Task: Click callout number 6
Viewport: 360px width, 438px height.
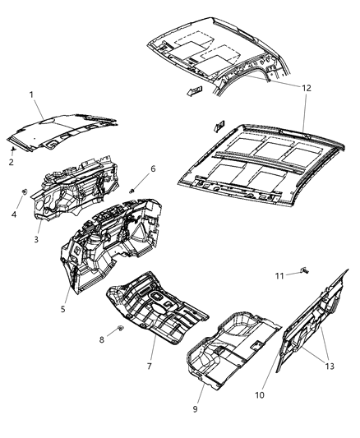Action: point(153,170)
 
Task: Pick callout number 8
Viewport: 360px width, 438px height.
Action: point(101,339)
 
